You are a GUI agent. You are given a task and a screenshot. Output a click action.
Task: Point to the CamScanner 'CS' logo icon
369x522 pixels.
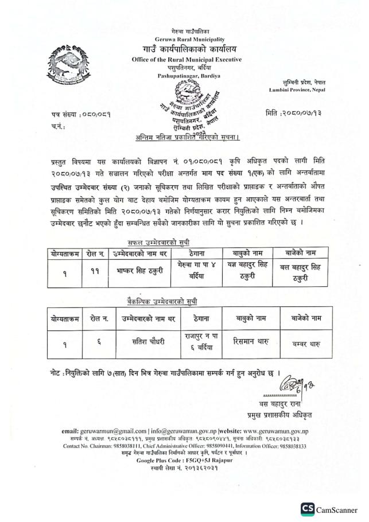tap(308, 509)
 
